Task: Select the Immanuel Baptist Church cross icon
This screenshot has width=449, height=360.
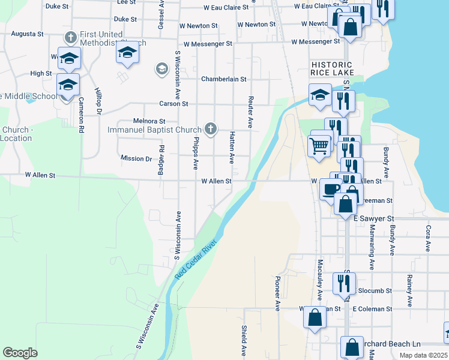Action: (x=210, y=128)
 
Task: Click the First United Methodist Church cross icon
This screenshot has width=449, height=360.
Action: (x=71, y=38)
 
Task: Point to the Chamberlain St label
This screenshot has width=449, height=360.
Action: (x=224, y=79)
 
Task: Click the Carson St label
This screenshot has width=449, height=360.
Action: (x=173, y=104)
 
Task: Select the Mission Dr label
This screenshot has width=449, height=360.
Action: (x=136, y=159)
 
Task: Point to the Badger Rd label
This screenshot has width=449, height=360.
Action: (x=161, y=160)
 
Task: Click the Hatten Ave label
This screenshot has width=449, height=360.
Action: (x=232, y=148)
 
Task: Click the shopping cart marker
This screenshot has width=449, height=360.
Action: (x=319, y=145)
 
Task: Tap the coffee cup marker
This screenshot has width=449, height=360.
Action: (x=330, y=189)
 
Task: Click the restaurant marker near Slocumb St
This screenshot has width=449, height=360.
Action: (x=345, y=283)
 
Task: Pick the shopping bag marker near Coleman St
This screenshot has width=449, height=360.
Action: (x=315, y=317)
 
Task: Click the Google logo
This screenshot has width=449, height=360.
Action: (x=20, y=353)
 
